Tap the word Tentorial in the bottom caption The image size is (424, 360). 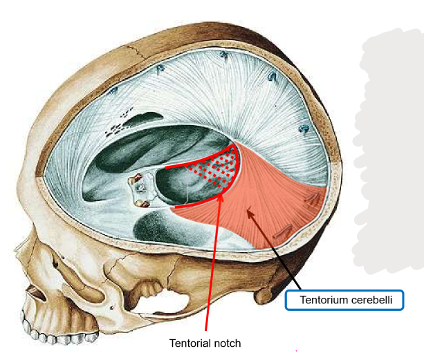click(190, 343)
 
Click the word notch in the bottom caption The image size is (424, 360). click(226, 343)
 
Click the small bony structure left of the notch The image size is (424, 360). click(141, 187)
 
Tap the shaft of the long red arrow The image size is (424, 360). click(214, 263)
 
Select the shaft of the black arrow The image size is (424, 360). click(277, 252)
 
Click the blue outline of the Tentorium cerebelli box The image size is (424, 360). click(286, 301)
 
